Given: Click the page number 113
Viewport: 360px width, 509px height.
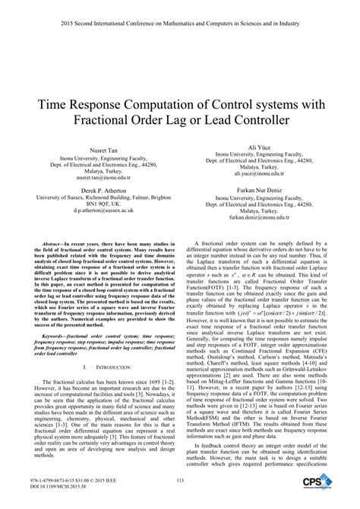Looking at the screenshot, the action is [180, 479].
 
